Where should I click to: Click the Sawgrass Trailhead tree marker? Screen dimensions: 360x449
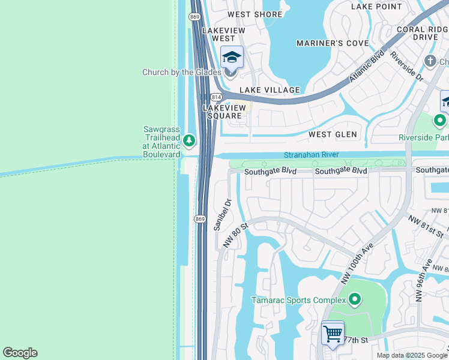tap(189, 141)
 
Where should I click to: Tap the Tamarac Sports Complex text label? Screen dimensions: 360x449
tap(298, 300)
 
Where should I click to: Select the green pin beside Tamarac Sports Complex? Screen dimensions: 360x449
tap(355, 299)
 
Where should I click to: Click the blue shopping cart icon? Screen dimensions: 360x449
tap(333, 333)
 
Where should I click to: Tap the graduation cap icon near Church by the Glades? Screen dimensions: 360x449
tap(232, 58)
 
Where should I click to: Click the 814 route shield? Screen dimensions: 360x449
tap(216, 97)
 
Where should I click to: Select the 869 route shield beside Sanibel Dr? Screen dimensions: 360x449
tap(200, 218)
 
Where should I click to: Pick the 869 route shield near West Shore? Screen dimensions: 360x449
tap(194, 17)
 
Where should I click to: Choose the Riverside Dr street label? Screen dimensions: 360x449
tap(407, 67)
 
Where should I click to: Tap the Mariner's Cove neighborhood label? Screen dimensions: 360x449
tap(332, 43)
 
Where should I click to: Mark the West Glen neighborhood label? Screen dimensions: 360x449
tap(333, 134)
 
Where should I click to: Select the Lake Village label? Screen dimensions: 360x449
tap(270, 90)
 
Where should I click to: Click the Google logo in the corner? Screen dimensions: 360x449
tap(20, 353)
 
